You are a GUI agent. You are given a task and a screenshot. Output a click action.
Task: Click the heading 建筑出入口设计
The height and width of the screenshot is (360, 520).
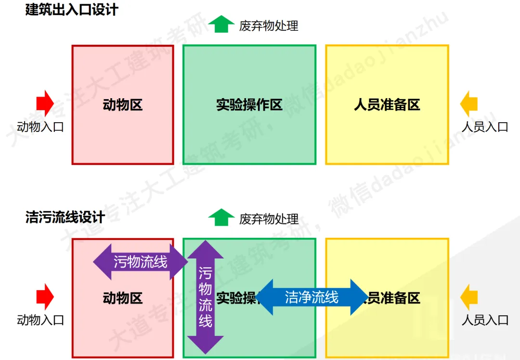72,10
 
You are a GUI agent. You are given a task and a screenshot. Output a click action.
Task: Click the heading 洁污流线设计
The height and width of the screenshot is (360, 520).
65,217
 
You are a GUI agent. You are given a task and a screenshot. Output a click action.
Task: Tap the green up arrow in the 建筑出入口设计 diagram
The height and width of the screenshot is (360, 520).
221,24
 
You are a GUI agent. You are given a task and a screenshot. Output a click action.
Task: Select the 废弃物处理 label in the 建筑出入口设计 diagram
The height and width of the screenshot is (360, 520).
269,26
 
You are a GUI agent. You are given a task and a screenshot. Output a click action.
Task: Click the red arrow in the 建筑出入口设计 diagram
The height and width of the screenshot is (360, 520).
45,103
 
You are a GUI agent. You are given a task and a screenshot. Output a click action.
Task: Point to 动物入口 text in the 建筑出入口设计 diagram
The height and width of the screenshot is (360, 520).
40,127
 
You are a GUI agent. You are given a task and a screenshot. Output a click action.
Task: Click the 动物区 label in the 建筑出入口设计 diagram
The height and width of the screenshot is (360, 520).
123,105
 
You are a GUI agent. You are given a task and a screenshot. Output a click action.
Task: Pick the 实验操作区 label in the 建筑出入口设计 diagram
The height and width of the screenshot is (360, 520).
249,105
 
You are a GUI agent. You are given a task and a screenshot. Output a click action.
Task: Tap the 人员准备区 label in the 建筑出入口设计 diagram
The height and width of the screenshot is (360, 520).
387,105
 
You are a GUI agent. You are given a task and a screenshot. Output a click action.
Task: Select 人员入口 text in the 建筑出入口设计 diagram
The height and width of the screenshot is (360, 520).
485,127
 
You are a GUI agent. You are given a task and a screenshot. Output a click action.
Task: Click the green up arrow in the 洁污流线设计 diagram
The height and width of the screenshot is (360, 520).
221,218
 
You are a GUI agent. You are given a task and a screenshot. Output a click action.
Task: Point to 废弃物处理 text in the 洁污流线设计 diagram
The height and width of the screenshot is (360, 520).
269,219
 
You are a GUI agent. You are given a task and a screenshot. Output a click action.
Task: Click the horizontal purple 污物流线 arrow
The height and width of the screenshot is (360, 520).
140,262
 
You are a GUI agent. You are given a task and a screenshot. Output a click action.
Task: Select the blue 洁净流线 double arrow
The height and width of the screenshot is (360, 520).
312,297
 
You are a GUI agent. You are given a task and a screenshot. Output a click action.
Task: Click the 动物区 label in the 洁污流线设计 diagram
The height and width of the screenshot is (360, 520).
123,298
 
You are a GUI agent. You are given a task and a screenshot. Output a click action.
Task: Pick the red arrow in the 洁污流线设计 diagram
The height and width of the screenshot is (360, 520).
45,296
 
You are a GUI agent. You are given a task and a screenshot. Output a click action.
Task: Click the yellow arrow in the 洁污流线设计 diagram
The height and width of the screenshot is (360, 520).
468,296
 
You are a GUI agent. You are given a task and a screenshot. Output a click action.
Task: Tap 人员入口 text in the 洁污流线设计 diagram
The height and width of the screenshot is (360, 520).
485,320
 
